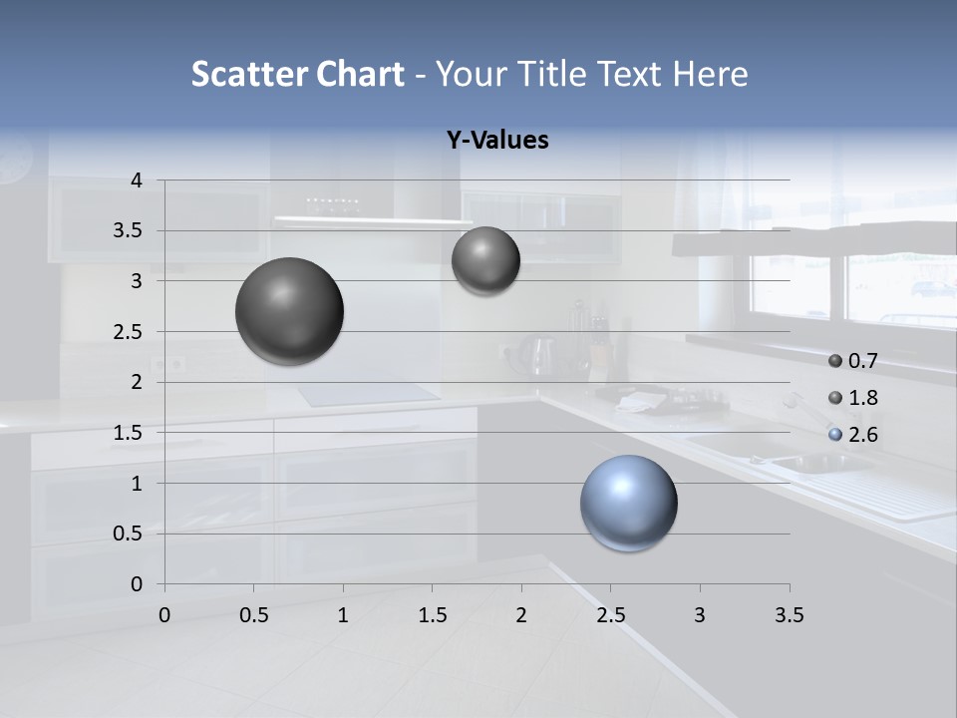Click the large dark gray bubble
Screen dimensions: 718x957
click(x=290, y=311)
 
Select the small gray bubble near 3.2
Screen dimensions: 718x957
click(x=485, y=260)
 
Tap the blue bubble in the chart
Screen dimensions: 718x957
click(x=629, y=503)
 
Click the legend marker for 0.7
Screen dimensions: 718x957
click(x=835, y=360)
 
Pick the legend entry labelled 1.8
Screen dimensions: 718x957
click(x=862, y=398)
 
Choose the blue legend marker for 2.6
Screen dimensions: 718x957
click(x=835, y=435)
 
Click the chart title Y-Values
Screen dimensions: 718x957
click(x=497, y=141)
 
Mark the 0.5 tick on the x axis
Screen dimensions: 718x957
click(x=254, y=615)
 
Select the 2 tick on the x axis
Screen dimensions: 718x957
click(x=521, y=615)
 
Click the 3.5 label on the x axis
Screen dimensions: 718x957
click(x=789, y=615)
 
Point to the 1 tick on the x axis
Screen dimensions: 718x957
click(x=343, y=615)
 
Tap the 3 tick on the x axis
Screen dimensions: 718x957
click(x=700, y=615)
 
